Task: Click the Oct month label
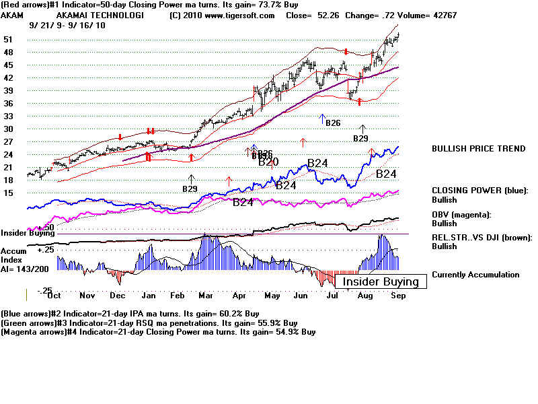coord(55,296)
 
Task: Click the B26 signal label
coord(332,123)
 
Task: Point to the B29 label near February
coord(190,189)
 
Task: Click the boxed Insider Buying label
coord(381,281)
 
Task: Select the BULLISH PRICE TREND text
coord(478,149)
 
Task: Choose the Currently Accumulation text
coord(475,275)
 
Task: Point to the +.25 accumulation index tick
coord(45,249)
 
